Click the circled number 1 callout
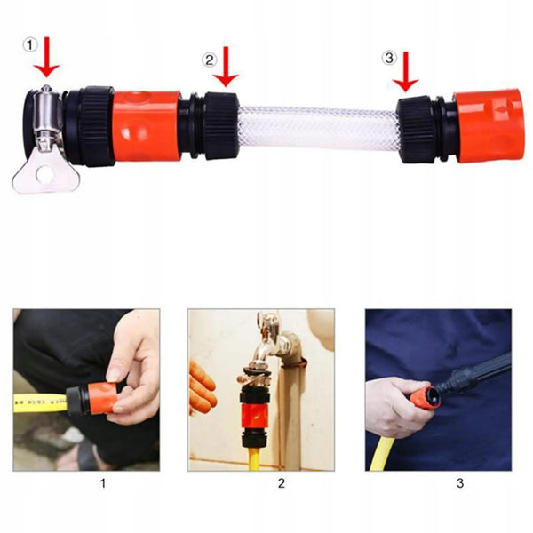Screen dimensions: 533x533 click(x=30, y=45)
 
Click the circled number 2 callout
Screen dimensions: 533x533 click(x=209, y=60)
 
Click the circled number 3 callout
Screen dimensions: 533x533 click(x=389, y=58)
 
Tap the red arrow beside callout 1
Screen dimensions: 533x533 click(x=46, y=57)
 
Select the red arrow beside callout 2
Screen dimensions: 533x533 click(x=226, y=67)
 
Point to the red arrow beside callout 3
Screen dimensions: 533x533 click(x=405, y=72)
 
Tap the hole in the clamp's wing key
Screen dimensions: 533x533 click(x=44, y=174)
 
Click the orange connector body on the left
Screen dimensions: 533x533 click(x=146, y=125)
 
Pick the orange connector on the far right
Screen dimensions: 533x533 click(x=489, y=126)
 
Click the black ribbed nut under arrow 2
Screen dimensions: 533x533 click(x=221, y=126)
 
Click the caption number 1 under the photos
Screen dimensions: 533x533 click(x=103, y=483)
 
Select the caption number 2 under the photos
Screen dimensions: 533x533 click(x=281, y=483)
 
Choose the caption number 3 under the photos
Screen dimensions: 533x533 click(x=460, y=483)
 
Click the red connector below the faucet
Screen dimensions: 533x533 click(x=255, y=416)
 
